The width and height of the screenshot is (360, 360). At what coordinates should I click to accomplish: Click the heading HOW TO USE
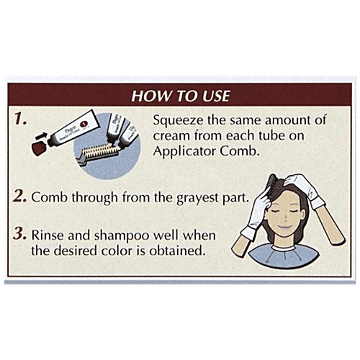click(181, 96)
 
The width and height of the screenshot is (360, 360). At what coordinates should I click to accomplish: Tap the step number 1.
click(20, 119)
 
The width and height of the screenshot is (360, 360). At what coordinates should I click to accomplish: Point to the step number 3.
click(19, 233)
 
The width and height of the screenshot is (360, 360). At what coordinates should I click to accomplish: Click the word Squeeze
click(178, 120)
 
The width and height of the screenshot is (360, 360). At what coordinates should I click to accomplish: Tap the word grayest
click(197, 199)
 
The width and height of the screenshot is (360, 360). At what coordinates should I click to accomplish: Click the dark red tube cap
click(40, 148)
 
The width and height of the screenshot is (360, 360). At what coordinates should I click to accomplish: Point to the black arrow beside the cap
click(42, 136)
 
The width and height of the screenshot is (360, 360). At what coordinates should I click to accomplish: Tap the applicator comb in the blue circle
click(99, 153)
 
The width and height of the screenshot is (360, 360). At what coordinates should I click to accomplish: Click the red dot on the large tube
click(84, 124)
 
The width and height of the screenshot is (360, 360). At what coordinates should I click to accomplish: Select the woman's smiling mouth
click(284, 226)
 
